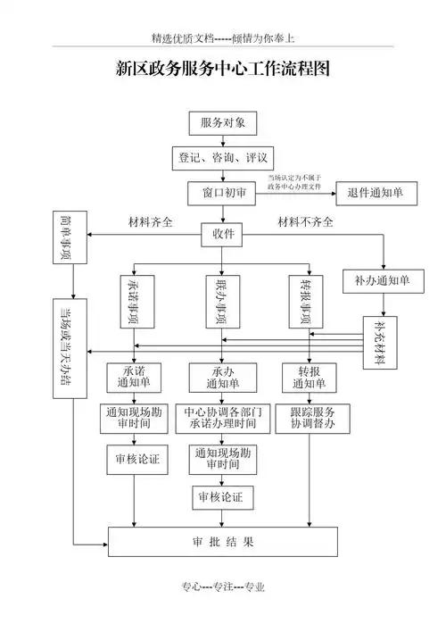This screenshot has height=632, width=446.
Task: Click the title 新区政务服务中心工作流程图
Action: tap(223, 70)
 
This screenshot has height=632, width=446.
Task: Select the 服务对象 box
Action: tap(222, 122)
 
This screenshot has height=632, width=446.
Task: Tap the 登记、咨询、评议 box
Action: tap(222, 157)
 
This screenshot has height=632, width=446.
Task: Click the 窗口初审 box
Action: tap(222, 193)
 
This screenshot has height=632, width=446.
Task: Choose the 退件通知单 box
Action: tap(375, 193)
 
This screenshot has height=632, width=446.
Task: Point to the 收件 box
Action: tap(222, 234)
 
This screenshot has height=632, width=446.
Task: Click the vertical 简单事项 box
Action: tap(67, 238)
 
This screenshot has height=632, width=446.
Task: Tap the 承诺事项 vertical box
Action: tap(134, 303)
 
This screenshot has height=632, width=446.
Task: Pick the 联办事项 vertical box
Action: tap(222, 303)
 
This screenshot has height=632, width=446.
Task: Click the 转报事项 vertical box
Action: tap(309, 303)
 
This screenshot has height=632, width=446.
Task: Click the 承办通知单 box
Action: tap(222, 378)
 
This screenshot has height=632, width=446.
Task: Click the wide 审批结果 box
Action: tap(222, 541)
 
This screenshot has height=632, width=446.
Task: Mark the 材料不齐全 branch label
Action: tap(306, 221)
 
